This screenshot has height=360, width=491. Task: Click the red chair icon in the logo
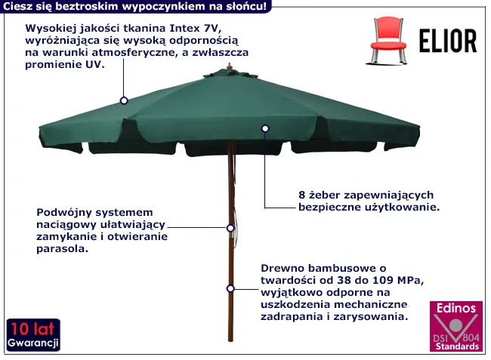tap(388, 41)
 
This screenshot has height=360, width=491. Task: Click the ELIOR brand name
tap(448, 41)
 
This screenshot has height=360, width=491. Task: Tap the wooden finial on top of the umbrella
tap(230, 66)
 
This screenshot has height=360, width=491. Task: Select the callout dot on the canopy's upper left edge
tap(124, 100)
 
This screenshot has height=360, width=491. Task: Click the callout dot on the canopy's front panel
tap(265, 128)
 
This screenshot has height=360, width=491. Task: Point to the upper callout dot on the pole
tap(230, 228)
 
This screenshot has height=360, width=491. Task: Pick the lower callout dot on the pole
tap(230, 288)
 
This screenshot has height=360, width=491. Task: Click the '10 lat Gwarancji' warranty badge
tap(33, 335)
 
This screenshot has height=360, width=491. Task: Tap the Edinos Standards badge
tap(456, 326)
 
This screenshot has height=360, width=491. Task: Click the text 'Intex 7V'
tap(193, 28)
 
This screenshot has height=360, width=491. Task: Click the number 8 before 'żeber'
tap(301, 195)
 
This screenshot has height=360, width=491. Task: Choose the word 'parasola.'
tap(62, 249)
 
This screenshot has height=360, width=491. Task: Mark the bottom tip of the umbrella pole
tap(230, 340)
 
